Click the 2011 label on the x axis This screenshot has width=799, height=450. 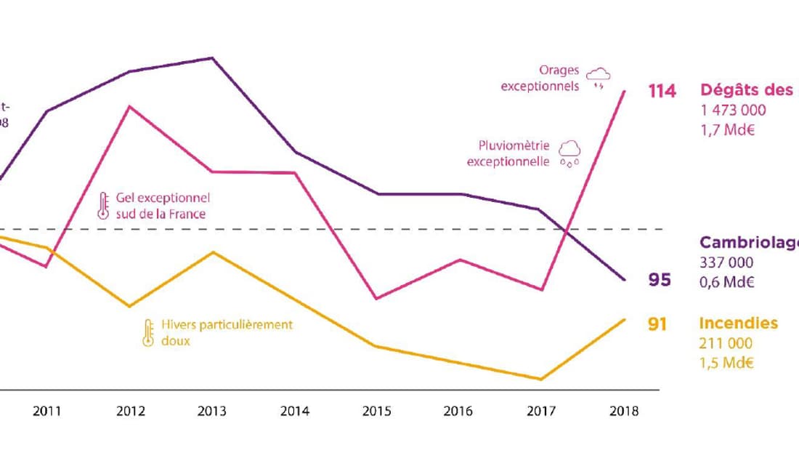[46, 411]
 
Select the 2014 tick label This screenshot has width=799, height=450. [295, 411]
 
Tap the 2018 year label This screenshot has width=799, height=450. [624, 411]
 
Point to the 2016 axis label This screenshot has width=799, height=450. [458, 411]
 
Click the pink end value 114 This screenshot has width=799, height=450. [661, 91]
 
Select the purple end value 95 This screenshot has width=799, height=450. [660, 280]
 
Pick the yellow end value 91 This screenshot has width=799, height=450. [658, 324]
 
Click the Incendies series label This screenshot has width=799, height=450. [738, 324]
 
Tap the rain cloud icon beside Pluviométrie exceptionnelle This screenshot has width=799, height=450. [569, 153]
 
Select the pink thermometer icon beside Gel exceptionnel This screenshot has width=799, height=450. [102, 206]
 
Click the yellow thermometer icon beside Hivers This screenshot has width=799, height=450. [148, 332]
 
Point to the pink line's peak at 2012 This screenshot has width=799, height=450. [129, 107]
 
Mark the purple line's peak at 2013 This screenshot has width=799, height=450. [212, 57]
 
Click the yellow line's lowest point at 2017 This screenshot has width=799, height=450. [541, 379]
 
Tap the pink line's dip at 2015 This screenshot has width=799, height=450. [376, 298]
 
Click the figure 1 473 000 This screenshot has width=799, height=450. [733, 111]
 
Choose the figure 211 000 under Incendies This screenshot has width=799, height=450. [726, 344]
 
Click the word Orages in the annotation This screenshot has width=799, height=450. [559, 71]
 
